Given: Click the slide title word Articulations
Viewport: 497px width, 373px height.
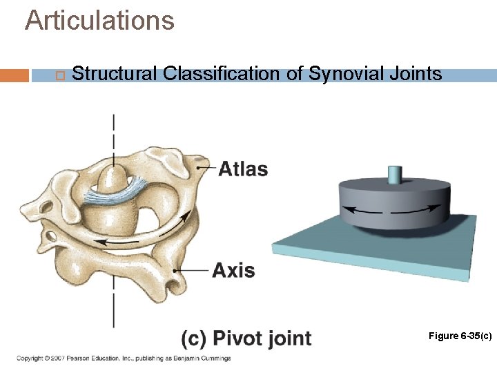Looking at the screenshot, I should coord(99,20).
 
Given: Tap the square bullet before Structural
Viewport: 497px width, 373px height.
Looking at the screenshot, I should coord(59,75).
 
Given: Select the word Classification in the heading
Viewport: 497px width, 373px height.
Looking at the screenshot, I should coord(223,74).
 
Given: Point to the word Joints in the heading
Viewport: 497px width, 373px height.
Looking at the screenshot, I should coord(416,74).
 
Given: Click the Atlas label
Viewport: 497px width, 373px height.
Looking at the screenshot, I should coord(243,169).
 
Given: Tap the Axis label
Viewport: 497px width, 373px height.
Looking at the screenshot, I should coord(233,270).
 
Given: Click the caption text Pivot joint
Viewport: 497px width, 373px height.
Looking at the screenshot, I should coord(262,338).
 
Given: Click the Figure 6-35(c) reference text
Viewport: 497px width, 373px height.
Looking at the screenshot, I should coord(460,336).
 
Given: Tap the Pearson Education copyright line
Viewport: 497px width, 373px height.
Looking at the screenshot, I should coord(124,358).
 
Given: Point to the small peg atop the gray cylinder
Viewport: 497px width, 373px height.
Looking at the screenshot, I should coord(395,174).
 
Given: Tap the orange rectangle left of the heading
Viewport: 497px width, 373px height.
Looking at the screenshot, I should coord(14,75).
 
